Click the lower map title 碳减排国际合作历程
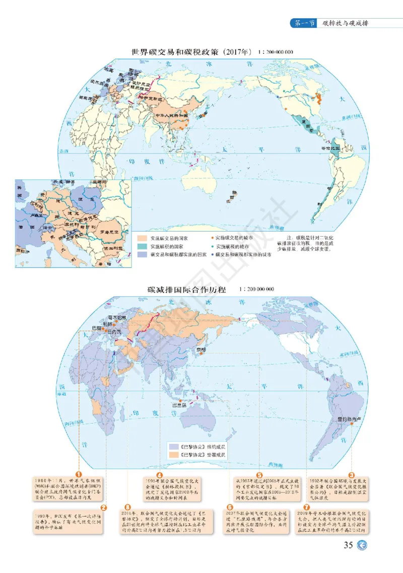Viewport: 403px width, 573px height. [186, 290]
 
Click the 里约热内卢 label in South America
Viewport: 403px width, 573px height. [349, 419]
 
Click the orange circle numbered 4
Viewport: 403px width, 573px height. [159, 475]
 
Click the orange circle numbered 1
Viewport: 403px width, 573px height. [79, 474]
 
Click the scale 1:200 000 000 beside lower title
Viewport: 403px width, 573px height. [257, 290]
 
